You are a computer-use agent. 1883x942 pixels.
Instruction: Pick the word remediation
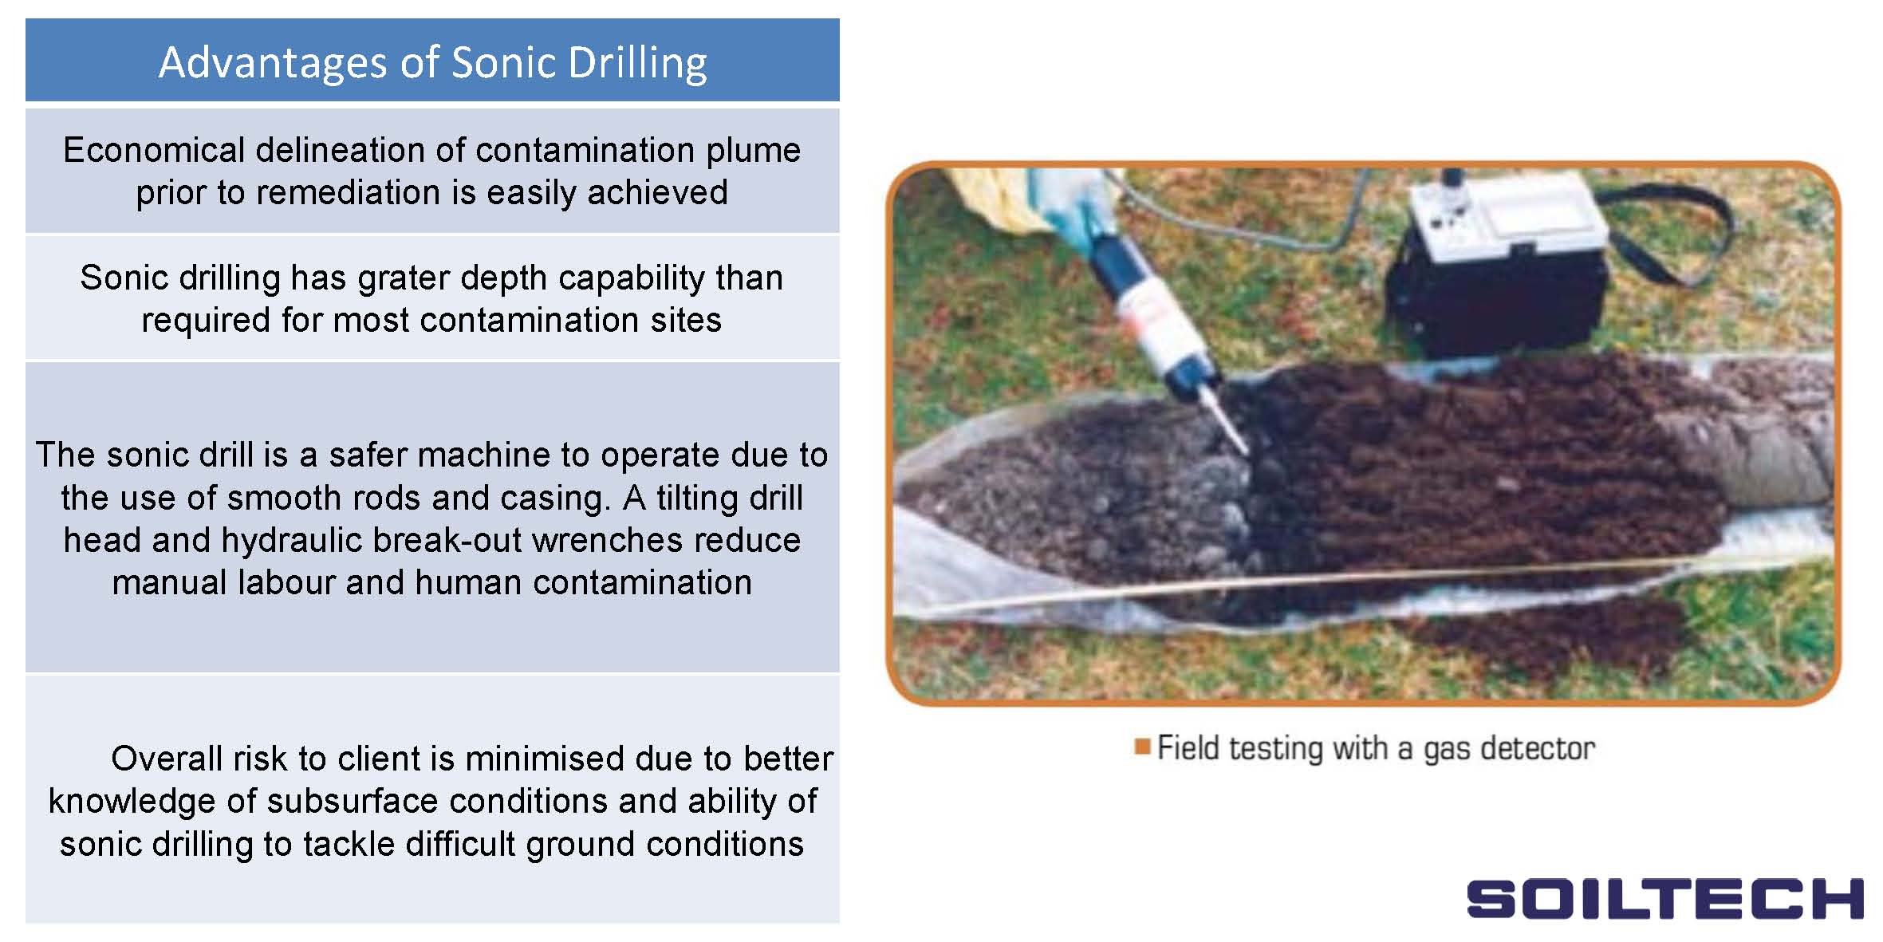point(349,192)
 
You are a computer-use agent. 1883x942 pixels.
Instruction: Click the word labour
point(286,583)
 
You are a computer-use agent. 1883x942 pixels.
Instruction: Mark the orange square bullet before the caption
point(1142,747)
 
